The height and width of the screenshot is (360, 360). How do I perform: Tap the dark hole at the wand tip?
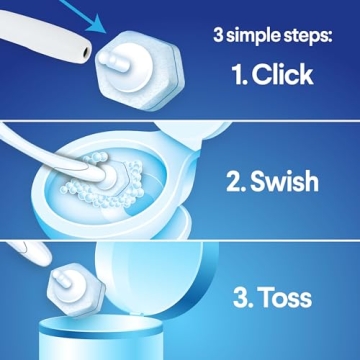coord(92,47)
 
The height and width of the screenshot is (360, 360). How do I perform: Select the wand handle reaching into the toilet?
coord(40,170)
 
